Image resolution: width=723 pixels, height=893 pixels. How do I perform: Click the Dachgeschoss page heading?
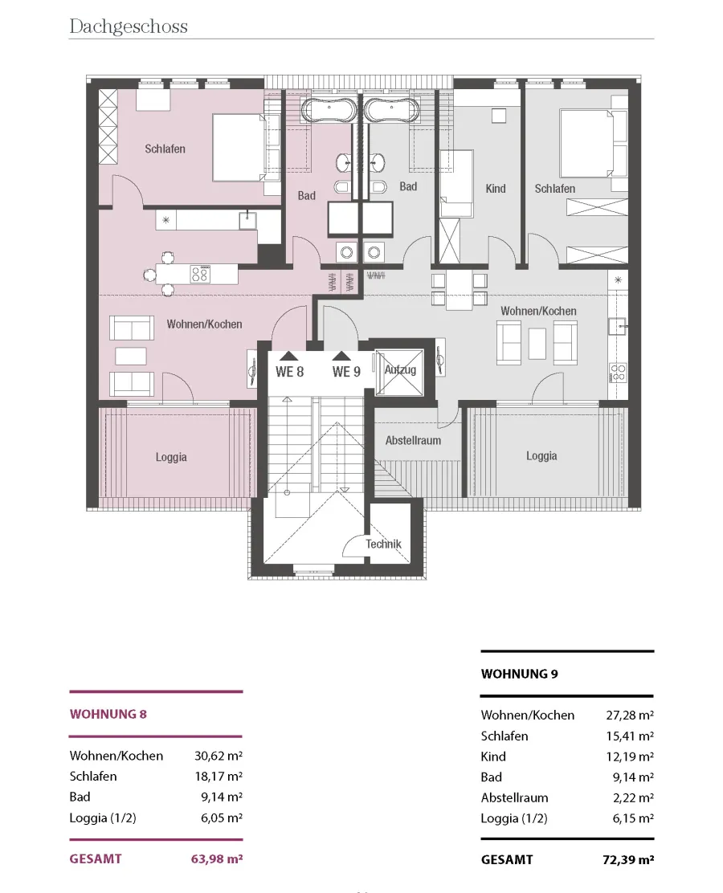pyautogui.click(x=129, y=27)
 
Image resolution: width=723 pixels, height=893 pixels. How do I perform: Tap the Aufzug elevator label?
pyautogui.click(x=400, y=369)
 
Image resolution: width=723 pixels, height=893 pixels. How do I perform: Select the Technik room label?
pyautogui.click(x=383, y=544)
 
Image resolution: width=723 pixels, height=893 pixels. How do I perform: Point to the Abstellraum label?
pyautogui.click(x=413, y=440)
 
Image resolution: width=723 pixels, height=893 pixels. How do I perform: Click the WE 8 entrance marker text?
pyautogui.click(x=289, y=372)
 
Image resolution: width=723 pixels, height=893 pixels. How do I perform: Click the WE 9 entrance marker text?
pyautogui.click(x=346, y=372)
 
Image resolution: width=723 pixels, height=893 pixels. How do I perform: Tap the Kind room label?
pyautogui.click(x=496, y=189)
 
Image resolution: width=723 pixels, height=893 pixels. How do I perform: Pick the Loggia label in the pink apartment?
pyautogui.click(x=171, y=457)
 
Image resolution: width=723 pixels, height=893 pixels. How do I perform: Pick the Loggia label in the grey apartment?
pyautogui.click(x=541, y=456)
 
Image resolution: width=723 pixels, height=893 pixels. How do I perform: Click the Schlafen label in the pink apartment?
pyautogui.click(x=165, y=149)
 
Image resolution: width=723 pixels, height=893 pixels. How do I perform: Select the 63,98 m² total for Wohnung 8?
pyautogui.click(x=217, y=858)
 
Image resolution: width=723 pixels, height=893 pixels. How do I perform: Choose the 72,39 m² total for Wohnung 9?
pyautogui.click(x=628, y=859)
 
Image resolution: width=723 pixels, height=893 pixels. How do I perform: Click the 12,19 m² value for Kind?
pyautogui.click(x=630, y=756)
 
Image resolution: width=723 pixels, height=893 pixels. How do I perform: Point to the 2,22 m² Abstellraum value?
pyautogui.click(x=633, y=798)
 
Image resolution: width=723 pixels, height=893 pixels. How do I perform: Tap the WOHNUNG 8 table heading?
pyautogui.click(x=108, y=714)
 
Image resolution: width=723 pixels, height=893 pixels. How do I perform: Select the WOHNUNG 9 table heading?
pyautogui.click(x=520, y=674)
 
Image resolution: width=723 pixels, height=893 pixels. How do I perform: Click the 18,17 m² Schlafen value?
pyautogui.click(x=219, y=777)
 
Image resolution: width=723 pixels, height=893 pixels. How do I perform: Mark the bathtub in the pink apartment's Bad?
pyautogui.click(x=329, y=110)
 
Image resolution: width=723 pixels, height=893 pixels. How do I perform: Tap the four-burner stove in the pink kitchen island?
pyautogui.click(x=199, y=274)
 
